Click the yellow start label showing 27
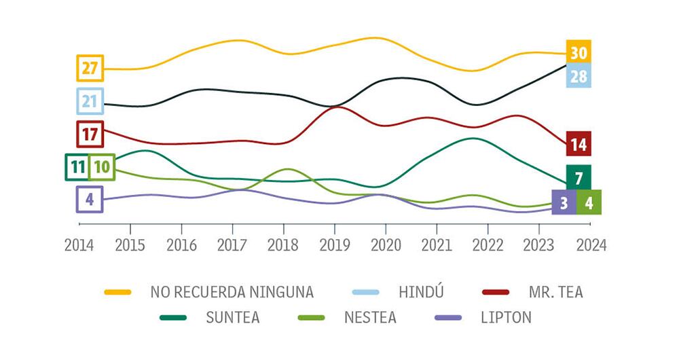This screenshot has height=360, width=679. pos(90,68)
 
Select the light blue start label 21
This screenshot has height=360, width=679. pos(90,101)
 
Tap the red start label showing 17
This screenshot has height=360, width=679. pos(90,134)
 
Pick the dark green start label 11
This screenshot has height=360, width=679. pos(77,167)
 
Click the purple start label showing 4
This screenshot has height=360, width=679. pos(90,200)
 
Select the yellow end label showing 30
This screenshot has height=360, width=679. pos(579,52)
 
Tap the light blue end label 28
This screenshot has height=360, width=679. pos(579,76)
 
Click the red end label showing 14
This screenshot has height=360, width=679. pos(579,144)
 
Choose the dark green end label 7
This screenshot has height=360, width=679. pos(579,178)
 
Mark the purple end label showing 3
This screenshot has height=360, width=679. pos(564,202)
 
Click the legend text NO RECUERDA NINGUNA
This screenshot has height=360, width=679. pos(232,293)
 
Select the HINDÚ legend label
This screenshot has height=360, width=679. pos(421,293)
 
